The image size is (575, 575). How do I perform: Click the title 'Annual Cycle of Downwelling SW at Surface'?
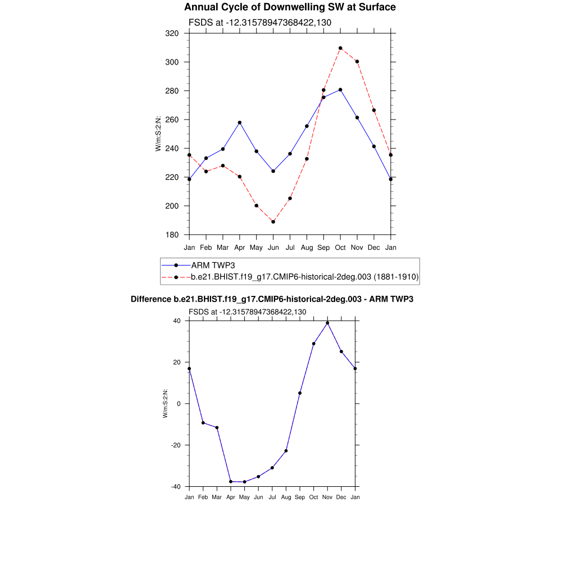click(290, 7)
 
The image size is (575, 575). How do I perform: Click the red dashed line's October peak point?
click(340, 48)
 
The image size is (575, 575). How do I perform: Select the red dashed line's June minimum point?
click(273, 222)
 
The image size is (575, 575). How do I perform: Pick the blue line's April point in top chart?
click(240, 122)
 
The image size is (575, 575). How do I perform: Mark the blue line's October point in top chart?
click(340, 90)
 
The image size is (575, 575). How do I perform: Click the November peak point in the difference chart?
click(327, 323)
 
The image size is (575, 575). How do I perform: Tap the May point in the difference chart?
click(244, 482)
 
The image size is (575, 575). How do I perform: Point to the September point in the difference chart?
click(300, 393)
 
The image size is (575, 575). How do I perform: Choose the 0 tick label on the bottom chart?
click(179, 404)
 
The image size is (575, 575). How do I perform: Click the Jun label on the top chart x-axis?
click(273, 248)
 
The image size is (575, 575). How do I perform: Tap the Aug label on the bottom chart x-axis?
click(286, 498)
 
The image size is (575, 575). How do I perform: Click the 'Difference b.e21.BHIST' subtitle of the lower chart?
click(272, 299)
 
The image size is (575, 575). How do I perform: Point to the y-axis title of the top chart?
click(158, 134)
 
